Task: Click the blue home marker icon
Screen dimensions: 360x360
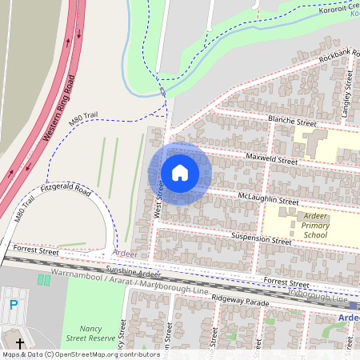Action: [x=180, y=173]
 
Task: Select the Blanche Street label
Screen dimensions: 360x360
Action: [x=293, y=120]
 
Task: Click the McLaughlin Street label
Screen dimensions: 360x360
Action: [x=268, y=199]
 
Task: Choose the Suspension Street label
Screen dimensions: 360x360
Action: [x=261, y=239]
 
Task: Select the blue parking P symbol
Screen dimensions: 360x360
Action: [x=13, y=304]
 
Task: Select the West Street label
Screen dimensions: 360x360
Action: [x=159, y=200]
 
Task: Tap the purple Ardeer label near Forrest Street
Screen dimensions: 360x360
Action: [x=125, y=254]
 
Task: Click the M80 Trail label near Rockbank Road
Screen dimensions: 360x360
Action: [x=83, y=120]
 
